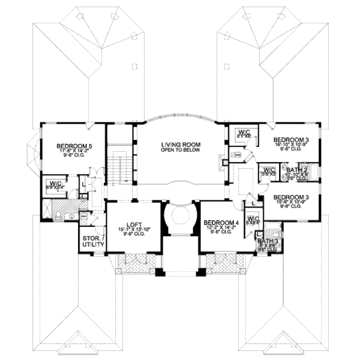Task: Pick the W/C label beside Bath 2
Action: pyautogui.click(x=268, y=170)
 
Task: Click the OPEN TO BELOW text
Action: pyautogui.click(x=180, y=151)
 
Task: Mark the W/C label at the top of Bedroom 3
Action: pyautogui.click(x=244, y=132)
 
